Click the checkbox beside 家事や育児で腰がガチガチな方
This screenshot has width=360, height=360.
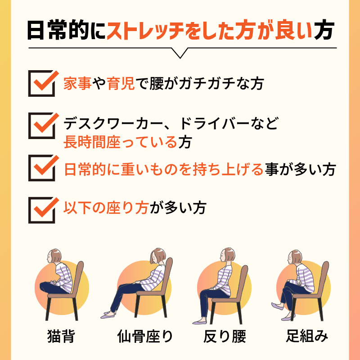[42, 84]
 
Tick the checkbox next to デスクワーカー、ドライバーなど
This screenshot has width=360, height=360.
[42, 126]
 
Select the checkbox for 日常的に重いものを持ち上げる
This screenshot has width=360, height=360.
[42, 168]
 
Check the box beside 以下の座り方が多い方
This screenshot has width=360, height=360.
[42, 210]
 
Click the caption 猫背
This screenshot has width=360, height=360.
[61, 336]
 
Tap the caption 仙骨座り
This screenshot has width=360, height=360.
[145, 336]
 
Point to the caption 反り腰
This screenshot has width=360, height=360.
[225, 336]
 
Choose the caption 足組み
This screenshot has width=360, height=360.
[307, 336]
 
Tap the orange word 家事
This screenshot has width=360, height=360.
[77, 84]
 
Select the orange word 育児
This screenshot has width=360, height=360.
[121, 84]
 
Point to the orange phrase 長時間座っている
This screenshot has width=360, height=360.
[120, 142]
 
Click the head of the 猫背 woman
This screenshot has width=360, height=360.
[54, 256]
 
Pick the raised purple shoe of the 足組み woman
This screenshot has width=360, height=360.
[277, 306]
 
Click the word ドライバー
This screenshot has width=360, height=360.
[214, 123]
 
